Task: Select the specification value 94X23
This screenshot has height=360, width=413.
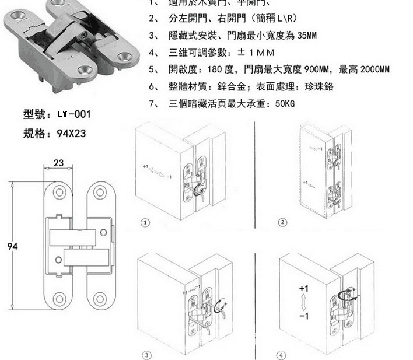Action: pyautogui.click(x=71, y=133)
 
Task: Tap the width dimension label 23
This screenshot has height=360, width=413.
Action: pyautogui.click(x=58, y=163)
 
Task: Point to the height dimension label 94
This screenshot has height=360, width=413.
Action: pyautogui.click(x=12, y=246)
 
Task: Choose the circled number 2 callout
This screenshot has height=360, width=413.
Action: pyautogui.click(x=282, y=222)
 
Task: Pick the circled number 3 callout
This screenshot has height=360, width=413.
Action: pyautogui.click(x=146, y=355)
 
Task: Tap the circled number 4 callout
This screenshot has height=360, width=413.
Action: pyautogui.click(x=283, y=355)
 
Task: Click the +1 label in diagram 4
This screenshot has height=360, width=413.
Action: pyautogui.click(x=303, y=288)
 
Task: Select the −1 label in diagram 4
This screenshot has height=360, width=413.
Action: pyautogui.click(x=303, y=316)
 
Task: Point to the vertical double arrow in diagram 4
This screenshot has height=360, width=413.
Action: pyautogui.click(x=303, y=302)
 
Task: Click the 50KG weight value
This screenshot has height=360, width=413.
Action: pyautogui.click(x=285, y=104)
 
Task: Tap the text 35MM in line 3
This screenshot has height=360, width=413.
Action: pyautogui.click(x=307, y=36)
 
